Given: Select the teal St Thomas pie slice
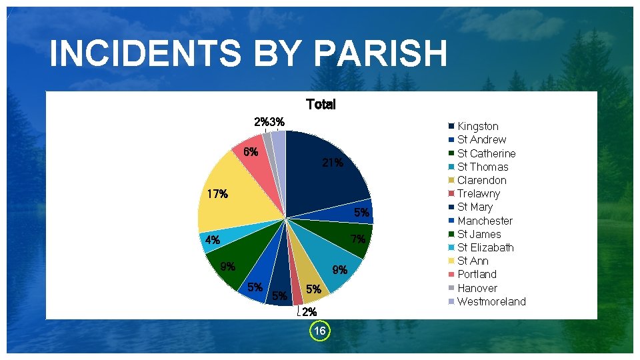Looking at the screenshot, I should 333,267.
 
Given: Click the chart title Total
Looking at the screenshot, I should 321,105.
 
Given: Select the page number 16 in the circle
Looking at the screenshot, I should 320,331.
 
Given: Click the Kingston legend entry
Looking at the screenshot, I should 477,126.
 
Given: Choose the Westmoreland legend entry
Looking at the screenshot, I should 491,301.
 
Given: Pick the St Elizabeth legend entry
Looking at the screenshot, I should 485,247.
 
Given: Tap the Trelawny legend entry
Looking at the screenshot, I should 478,193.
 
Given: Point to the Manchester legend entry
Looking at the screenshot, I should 485,221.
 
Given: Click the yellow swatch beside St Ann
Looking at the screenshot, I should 451,261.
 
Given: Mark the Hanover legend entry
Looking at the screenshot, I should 477,288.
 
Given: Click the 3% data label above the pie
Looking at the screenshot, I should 278,121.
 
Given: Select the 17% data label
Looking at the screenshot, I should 217,195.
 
